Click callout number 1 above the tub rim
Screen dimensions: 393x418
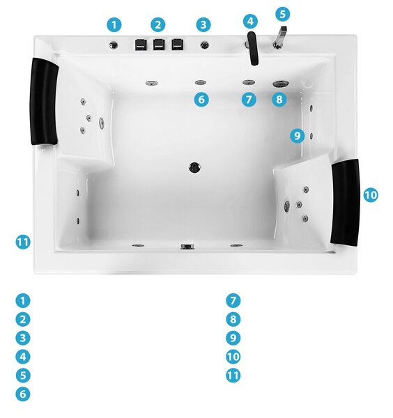point(114,25)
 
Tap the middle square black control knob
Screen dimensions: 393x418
point(159,45)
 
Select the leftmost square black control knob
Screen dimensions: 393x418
point(141,45)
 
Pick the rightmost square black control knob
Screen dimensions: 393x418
point(177,45)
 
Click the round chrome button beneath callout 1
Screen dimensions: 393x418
point(114,45)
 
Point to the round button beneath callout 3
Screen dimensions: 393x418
point(204,45)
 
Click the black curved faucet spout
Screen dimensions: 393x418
point(253,48)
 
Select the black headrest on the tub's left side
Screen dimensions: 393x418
point(44,102)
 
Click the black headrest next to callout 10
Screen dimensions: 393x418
point(346,202)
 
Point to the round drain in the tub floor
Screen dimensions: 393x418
point(194,167)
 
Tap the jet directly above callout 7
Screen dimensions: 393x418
point(249,82)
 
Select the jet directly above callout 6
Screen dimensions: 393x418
point(201,83)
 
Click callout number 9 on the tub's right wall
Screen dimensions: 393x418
point(298,136)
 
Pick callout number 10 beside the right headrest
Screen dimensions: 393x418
point(371,195)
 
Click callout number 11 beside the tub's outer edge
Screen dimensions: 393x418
point(23,242)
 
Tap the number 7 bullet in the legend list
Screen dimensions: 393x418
point(233,300)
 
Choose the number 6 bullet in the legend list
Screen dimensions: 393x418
point(23,394)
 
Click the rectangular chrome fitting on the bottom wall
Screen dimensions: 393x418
point(187,247)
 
